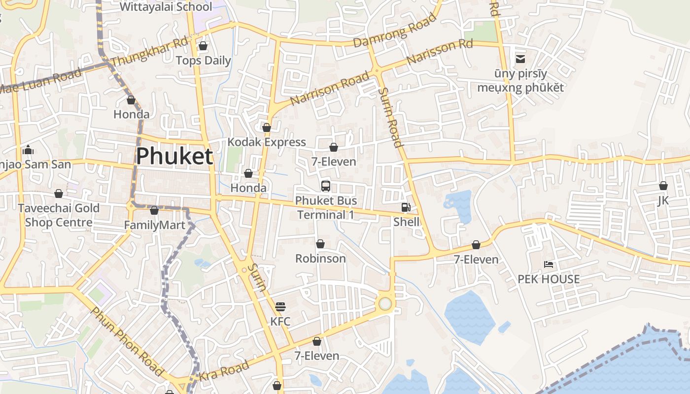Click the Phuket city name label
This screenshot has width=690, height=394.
[174, 156]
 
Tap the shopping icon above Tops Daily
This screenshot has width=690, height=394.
[203, 46]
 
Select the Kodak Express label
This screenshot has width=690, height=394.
[267, 142]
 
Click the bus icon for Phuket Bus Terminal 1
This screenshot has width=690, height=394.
[325, 186]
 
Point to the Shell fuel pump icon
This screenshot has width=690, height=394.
[406, 208]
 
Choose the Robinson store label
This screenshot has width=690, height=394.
[320, 258]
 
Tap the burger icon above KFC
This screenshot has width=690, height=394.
[280, 307]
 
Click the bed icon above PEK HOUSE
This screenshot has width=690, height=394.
[549, 264]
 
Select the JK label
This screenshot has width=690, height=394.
[663, 200]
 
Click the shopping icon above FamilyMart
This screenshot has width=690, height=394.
[154, 211]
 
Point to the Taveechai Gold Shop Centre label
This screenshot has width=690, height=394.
[59, 215]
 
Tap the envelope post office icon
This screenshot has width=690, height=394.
[520, 59]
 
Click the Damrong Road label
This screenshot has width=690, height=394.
[395, 31]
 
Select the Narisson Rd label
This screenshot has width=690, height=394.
[440, 52]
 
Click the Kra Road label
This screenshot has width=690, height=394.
[224, 370]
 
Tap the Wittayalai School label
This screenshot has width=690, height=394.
[166, 7]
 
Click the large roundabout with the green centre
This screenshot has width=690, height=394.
[385, 304]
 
